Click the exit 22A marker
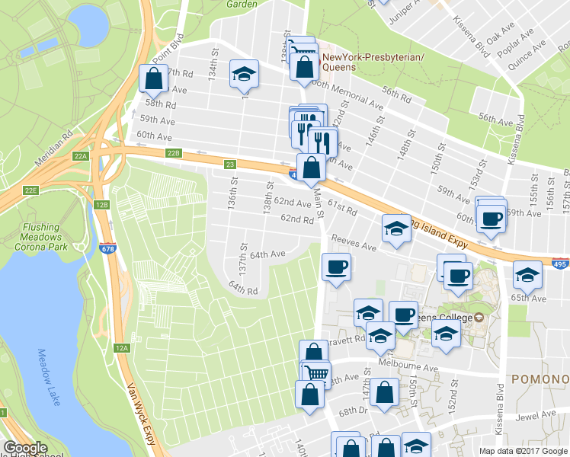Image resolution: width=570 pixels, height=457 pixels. (x=82, y=155)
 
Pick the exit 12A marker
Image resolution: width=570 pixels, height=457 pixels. (x=121, y=347)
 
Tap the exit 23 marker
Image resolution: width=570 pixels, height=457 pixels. (x=229, y=164)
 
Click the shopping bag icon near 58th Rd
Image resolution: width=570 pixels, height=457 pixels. (x=153, y=79)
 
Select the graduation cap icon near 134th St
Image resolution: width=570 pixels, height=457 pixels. (x=244, y=74)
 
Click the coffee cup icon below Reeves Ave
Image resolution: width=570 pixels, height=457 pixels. (x=335, y=267)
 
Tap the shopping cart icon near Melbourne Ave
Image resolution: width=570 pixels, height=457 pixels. (x=315, y=374)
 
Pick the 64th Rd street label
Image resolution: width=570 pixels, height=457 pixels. (x=243, y=289)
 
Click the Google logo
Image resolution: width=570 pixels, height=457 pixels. (x=26, y=449)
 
